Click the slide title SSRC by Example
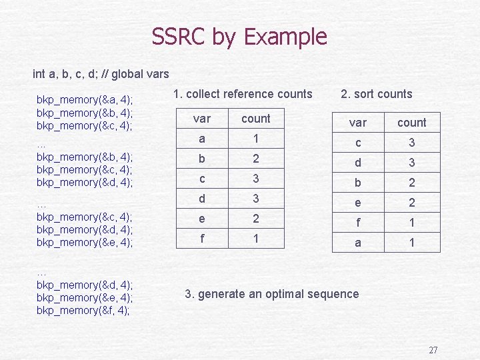[x=239, y=37]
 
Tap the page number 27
[x=433, y=350]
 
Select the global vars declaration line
[x=101, y=73]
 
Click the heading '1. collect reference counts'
[x=242, y=94]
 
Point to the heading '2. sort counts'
[x=376, y=94]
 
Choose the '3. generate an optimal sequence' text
[x=271, y=293]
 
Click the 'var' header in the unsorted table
[x=201, y=119]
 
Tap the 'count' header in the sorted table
[x=411, y=123]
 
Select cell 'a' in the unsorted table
[x=201, y=139]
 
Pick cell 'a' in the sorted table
[x=358, y=243]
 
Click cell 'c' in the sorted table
[x=358, y=143]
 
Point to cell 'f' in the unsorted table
[x=201, y=238]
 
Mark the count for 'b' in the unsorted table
[x=255, y=159]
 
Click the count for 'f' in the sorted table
[x=412, y=223]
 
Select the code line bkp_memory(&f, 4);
[x=83, y=310]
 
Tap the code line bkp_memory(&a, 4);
[x=85, y=99]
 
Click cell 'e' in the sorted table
[x=358, y=203]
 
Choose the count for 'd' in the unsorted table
[x=255, y=198]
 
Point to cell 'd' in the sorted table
[x=358, y=163]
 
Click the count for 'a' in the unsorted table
[x=255, y=139]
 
